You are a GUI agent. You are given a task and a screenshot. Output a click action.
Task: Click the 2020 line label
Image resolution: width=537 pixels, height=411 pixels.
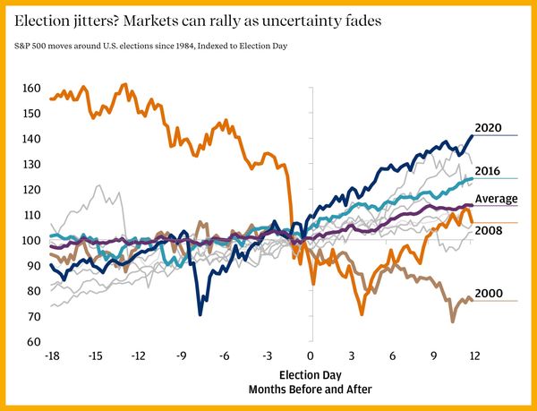(x=492, y=127)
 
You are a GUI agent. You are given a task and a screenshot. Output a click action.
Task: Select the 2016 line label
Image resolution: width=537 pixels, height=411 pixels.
(x=488, y=171)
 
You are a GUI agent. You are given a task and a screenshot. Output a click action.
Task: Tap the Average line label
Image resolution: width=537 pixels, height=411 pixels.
(x=496, y=199)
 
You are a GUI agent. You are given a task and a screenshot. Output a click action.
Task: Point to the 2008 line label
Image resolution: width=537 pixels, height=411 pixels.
(x=488, y=231)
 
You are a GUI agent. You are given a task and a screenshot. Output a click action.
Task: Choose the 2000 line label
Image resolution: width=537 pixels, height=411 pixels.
(x=488, y=293)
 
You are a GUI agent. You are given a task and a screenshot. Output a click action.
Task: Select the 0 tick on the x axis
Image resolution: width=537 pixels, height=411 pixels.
(x=311, y=355)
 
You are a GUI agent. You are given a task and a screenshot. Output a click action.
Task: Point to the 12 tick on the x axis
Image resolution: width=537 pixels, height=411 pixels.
(x=474, y=355)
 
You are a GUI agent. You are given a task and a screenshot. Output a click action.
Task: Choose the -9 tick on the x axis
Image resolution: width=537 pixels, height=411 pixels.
(x=183, y=355)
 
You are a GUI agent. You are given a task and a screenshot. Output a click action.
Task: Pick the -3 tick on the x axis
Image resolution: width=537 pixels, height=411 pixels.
(x=268, y=355)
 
